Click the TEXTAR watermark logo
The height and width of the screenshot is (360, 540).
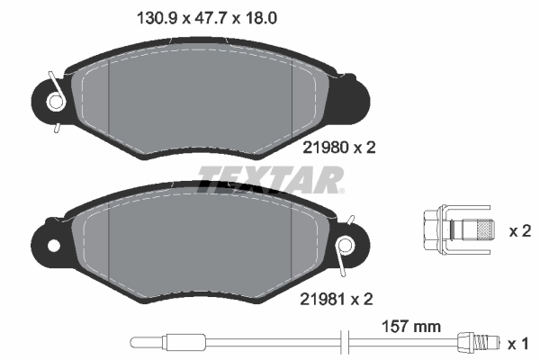click(270, 179)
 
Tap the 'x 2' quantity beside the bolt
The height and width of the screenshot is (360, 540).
click(519, 231)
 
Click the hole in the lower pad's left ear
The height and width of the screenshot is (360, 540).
click(53, 245)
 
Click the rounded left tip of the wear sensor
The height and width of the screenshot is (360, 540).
click(136, 342)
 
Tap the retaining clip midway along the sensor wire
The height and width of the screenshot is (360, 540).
click(341, 342)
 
